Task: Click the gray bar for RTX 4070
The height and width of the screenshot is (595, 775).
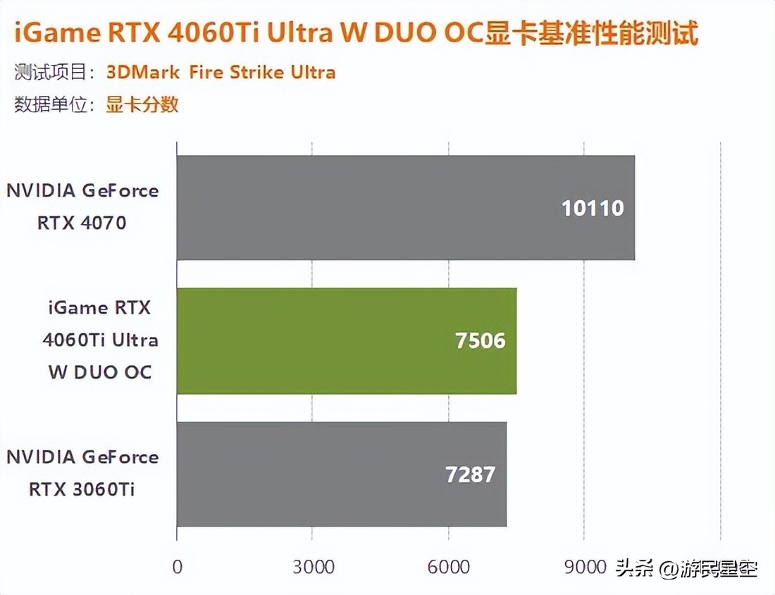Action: click(x=405, y=208)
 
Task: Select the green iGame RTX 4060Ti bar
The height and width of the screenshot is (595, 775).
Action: click(x=346, y=341)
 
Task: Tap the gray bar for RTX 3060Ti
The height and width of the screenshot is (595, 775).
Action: click(x=341, y=474)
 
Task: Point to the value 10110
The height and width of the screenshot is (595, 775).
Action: click(x=593, y=209)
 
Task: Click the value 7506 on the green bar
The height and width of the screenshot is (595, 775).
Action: click(x=480, y=341)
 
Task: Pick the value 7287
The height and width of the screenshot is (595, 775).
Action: click(x=471, y=474)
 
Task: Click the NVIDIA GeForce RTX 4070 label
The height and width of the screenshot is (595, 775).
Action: click(x=82, y=207)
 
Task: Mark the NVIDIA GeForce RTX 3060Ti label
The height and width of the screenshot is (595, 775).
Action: click(x=82, y=473)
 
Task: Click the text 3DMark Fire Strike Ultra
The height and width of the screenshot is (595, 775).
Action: click(x=221, y=72)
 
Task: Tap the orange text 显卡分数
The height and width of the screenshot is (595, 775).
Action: click(x=142, y=105)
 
